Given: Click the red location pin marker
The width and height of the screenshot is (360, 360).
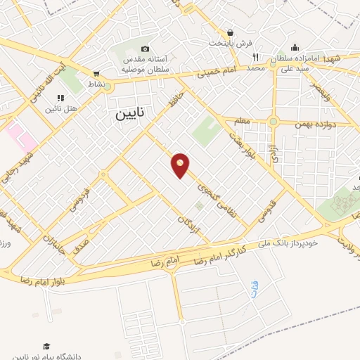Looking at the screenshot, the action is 181,165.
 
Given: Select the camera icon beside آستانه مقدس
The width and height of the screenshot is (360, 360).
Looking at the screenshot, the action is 145,49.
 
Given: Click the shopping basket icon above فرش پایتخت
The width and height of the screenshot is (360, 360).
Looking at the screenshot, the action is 230,32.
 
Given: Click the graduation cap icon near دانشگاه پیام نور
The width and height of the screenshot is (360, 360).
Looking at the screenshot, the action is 46,346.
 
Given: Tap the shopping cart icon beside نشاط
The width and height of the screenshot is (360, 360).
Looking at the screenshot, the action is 96,72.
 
